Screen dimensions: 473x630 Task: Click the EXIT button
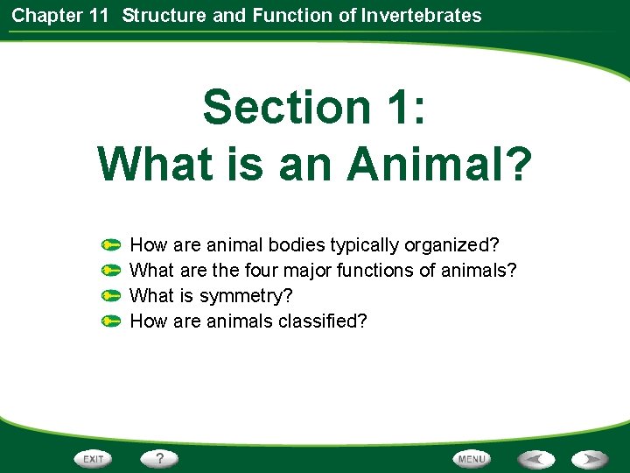(x=94, y=458)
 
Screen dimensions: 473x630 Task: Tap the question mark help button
(x=160, y=458)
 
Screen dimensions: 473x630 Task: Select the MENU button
(x=471, y=458)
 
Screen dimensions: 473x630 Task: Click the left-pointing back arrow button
(x=535, y=458)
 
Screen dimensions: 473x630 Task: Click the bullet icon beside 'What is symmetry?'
(x=110, y=295)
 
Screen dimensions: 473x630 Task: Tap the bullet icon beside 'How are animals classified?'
(x=110, y=321)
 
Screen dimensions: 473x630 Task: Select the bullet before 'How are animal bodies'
(x=110, y=244)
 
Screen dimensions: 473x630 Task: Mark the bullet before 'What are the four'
(x=110, y=270)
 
